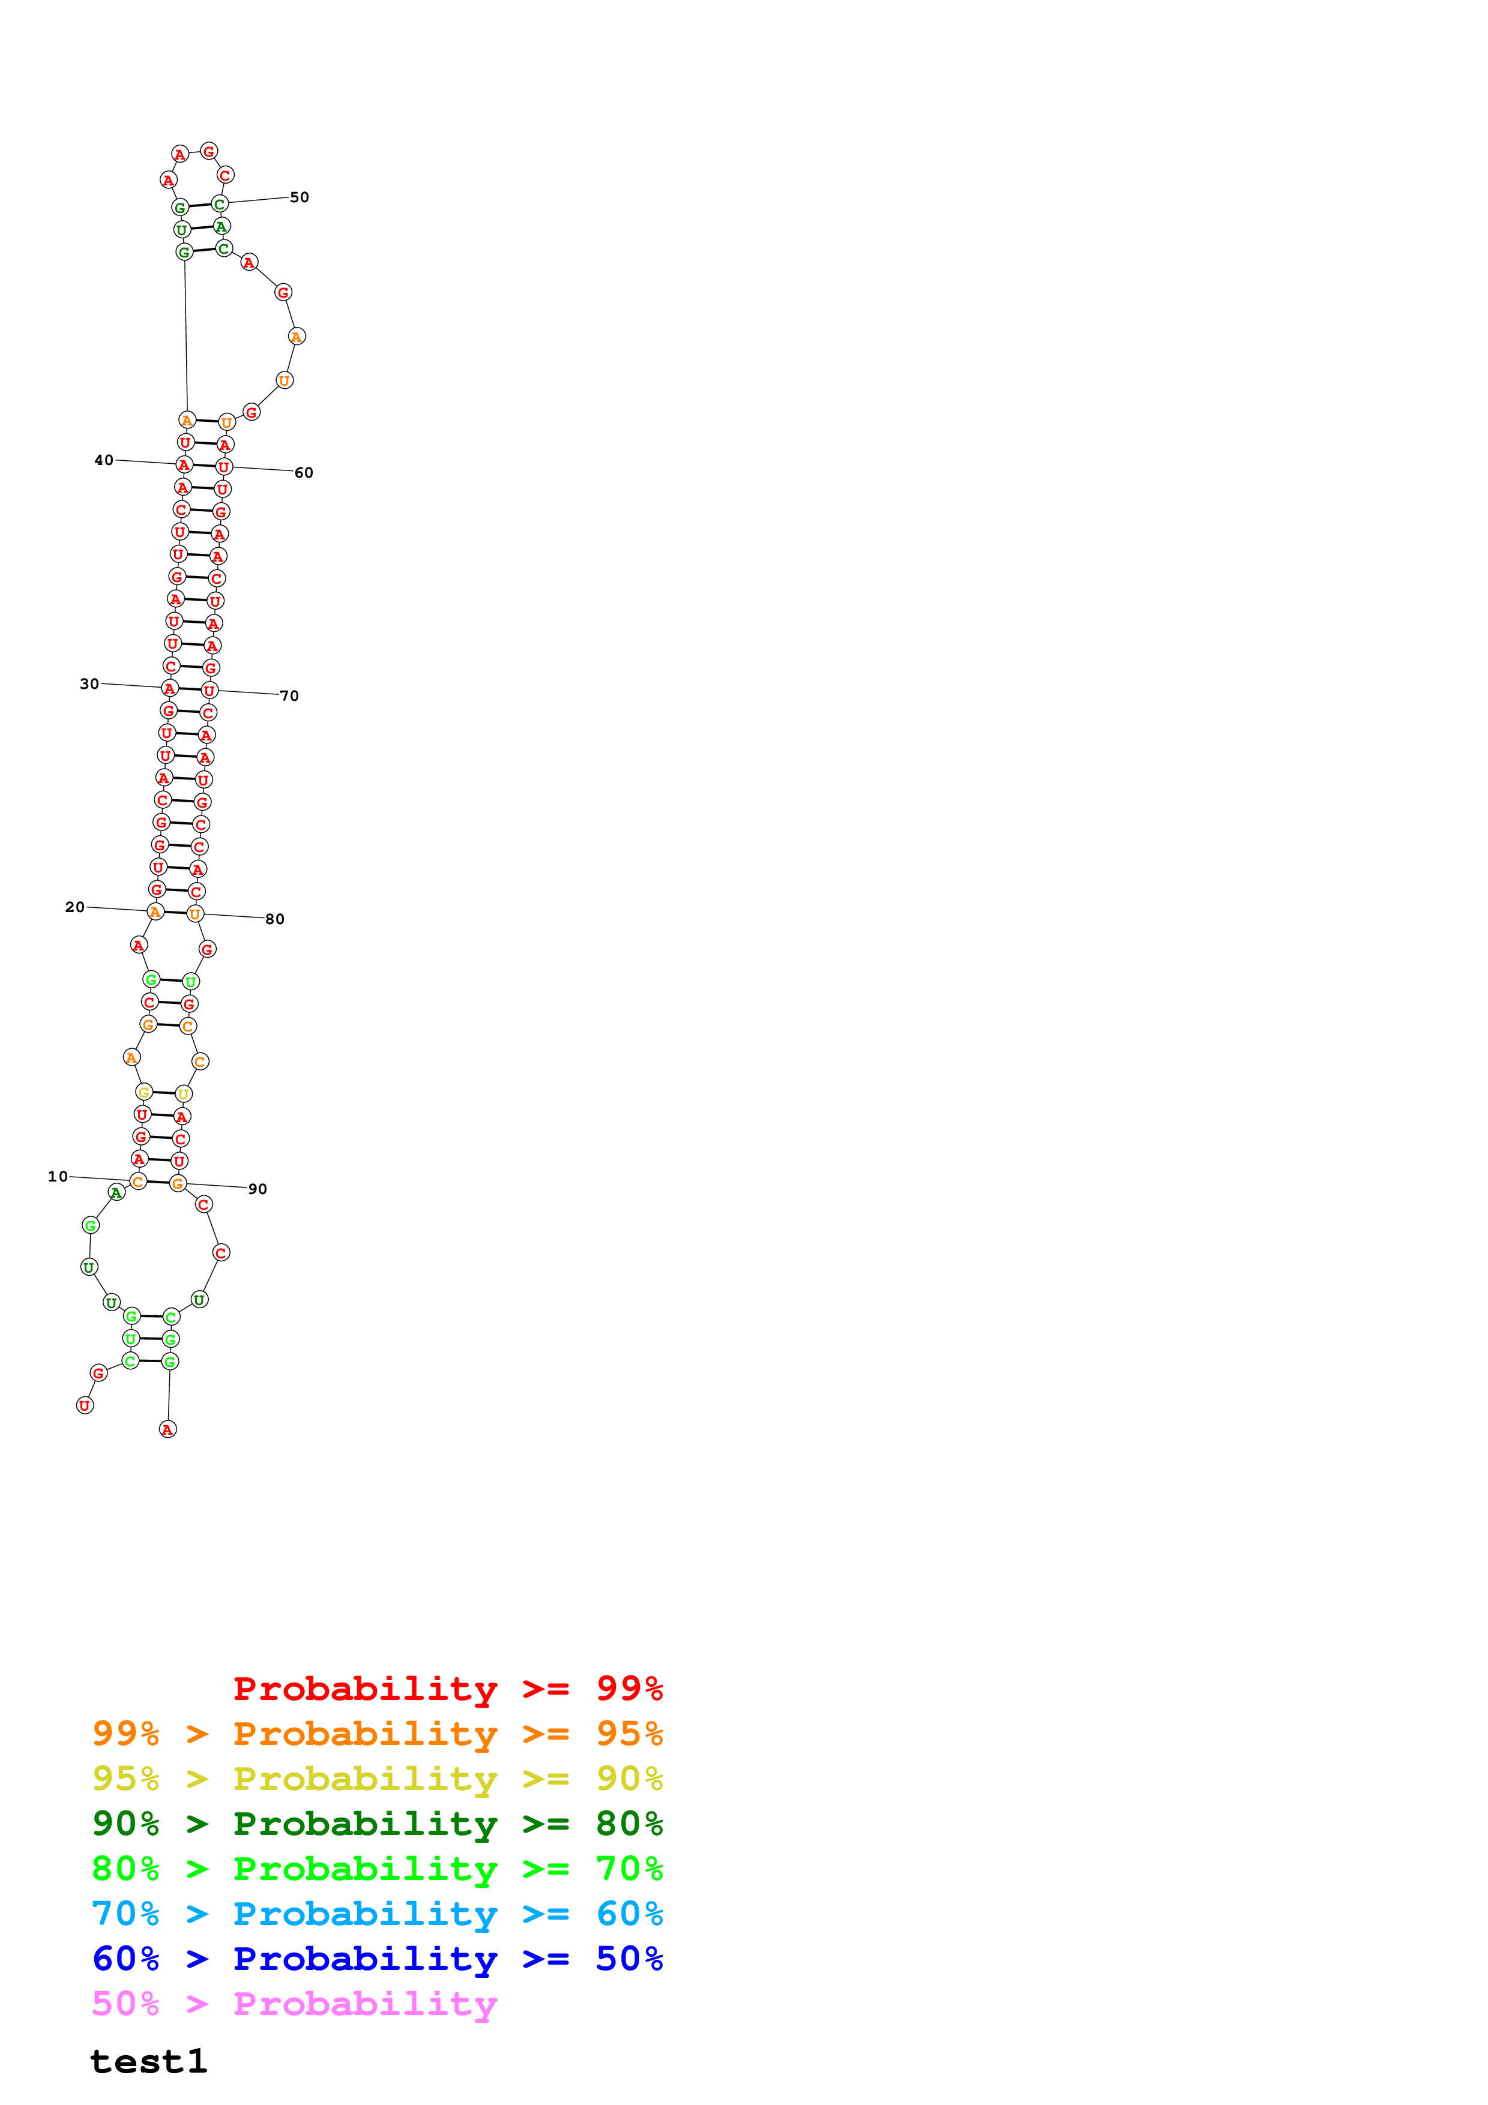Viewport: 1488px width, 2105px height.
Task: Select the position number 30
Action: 89,684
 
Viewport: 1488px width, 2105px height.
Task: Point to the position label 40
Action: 104,460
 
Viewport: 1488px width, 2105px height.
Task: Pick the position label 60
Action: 304,473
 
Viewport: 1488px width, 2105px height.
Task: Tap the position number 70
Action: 290,696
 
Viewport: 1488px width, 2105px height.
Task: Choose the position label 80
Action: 275,919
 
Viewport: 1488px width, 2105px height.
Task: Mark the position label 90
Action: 258,1189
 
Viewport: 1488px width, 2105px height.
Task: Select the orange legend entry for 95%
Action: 377,1734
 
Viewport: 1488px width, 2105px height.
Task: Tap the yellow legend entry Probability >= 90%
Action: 377,1779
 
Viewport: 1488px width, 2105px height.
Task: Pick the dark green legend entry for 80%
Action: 377,1824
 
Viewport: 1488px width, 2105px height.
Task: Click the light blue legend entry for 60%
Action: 377,1914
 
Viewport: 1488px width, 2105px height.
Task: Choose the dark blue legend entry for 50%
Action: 377,1959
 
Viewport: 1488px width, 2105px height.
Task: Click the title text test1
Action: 148,2061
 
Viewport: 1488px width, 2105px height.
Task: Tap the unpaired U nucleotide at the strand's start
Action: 85,1405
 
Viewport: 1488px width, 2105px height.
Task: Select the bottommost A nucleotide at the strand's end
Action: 168,1429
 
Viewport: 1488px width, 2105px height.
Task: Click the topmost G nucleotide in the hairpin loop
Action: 209,151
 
